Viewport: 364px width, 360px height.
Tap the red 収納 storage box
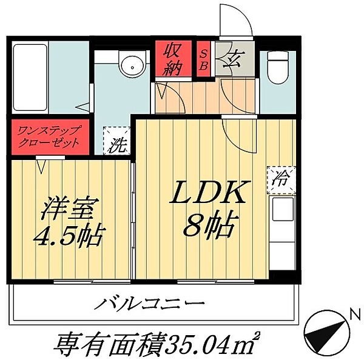tap(172, 58)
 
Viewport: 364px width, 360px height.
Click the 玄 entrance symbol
tap(232, 59)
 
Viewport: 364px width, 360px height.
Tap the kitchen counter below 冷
tap(283, 233)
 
